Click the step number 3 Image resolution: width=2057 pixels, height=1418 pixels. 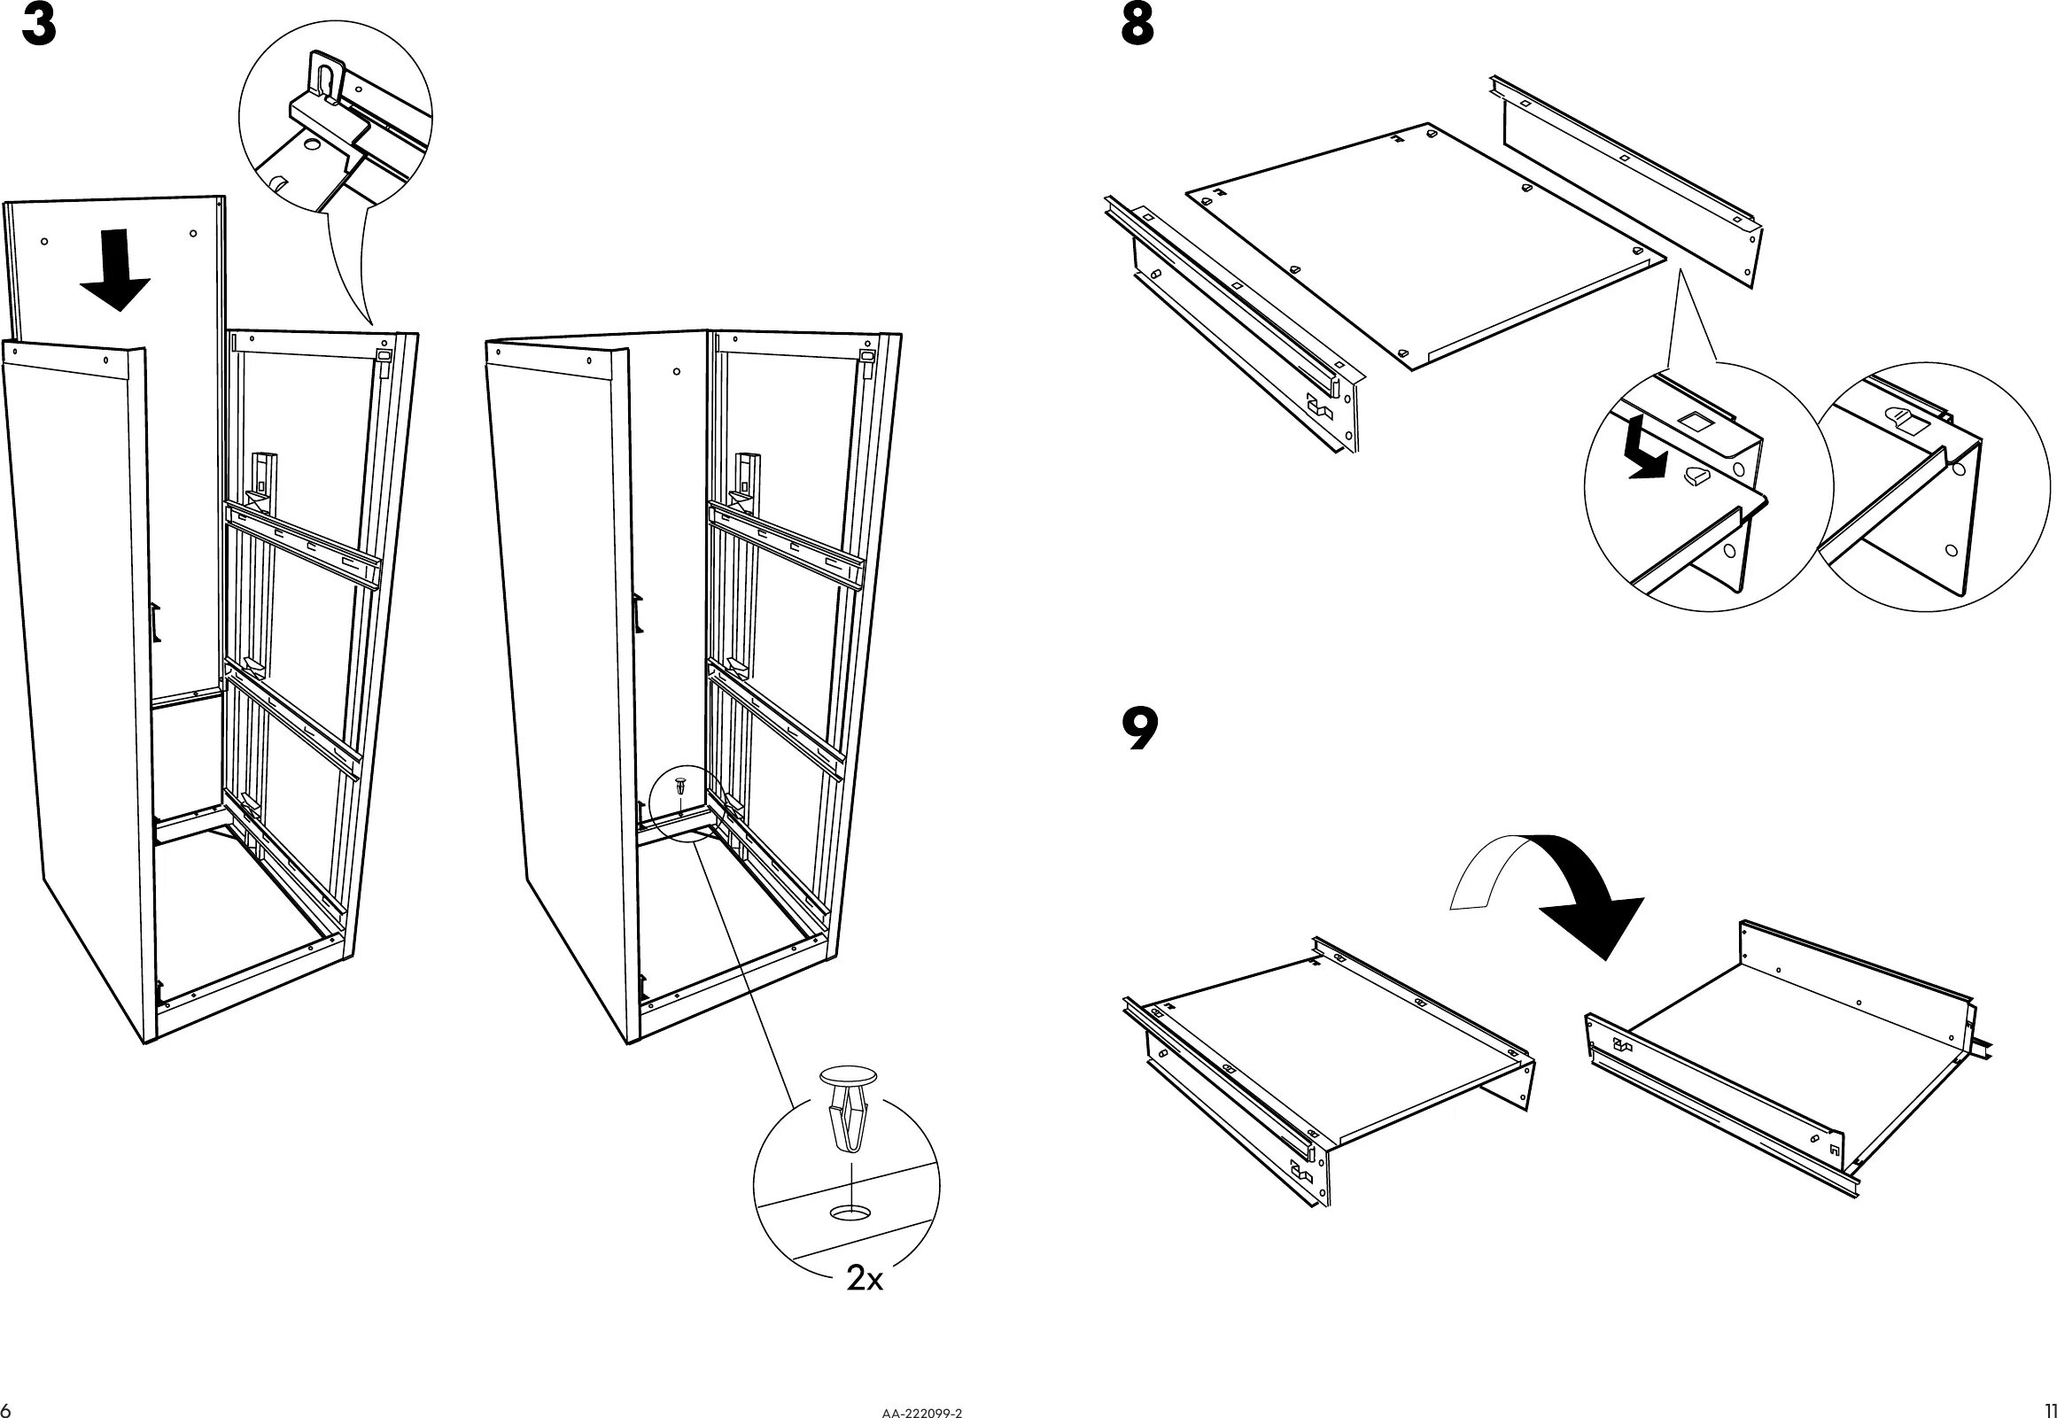tap(39, 27)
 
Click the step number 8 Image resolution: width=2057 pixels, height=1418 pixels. tap(1137, 27)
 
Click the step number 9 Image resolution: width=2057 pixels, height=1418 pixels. tap(1140, 731)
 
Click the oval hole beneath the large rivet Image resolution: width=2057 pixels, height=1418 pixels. tap(851, 1212)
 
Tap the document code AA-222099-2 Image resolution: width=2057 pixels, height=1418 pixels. tap(922, 1411)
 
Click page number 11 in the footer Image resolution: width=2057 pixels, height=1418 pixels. tap(2046, 1410)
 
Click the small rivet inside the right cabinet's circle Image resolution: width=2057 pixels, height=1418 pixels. tap(679, 785)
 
